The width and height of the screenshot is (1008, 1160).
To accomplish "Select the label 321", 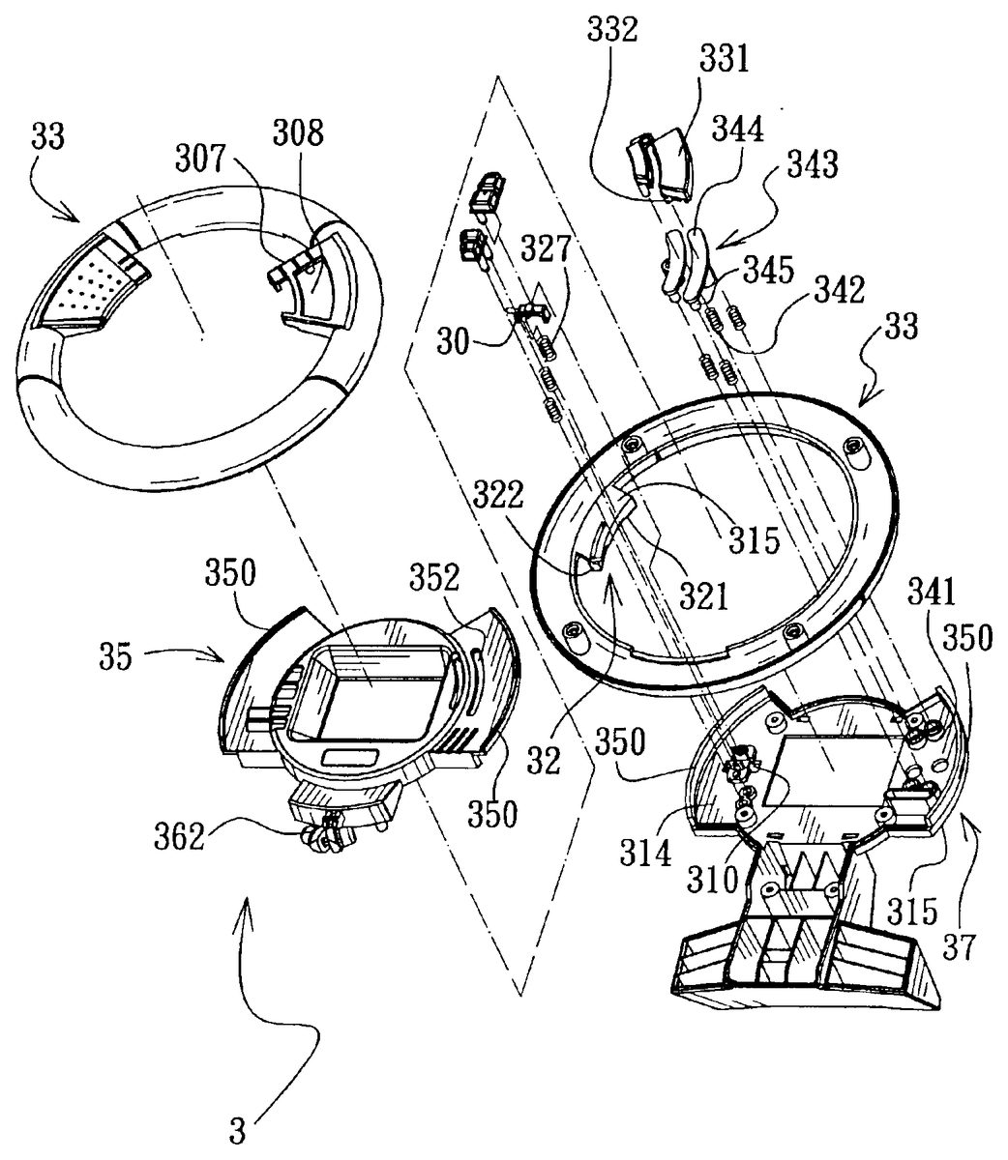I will point(704,598).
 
